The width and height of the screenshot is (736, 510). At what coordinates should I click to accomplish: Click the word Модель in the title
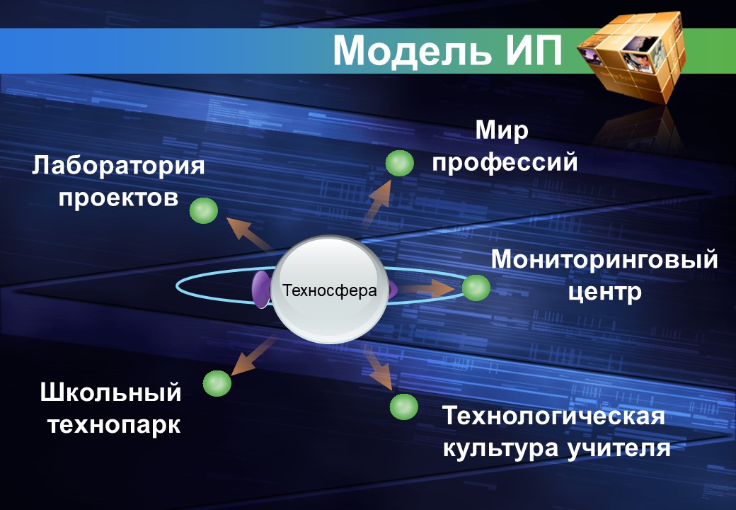click(413, 51)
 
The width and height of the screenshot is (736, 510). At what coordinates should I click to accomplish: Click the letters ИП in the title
click(533, 51)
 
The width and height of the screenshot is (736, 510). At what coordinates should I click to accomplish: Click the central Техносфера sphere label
click(330, 290)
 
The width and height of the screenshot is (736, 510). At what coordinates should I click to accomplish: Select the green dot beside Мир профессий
click(399, 164)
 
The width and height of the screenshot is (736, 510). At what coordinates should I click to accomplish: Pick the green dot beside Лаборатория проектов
click(203, 210)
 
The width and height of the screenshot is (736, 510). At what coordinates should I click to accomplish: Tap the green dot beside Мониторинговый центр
click(476, 288)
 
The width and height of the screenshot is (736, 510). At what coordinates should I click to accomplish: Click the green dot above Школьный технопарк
click(217, 383)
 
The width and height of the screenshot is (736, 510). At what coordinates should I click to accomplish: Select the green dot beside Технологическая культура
click(404, 407)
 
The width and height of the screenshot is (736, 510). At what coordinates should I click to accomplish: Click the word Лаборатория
click(118, 168)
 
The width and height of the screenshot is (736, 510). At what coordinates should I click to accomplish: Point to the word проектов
click(118, 198)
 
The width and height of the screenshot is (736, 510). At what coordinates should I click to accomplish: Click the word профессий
click(505, 162)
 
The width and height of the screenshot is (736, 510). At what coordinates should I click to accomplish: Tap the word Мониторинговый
click(604, 260)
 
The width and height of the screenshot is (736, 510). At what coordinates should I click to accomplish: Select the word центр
click(605, 291)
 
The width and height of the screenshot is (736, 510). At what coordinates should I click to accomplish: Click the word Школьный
click(111, 392)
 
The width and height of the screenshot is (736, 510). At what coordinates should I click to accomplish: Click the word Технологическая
click(553, 416)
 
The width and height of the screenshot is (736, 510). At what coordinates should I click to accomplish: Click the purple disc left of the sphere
click(260, 290)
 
